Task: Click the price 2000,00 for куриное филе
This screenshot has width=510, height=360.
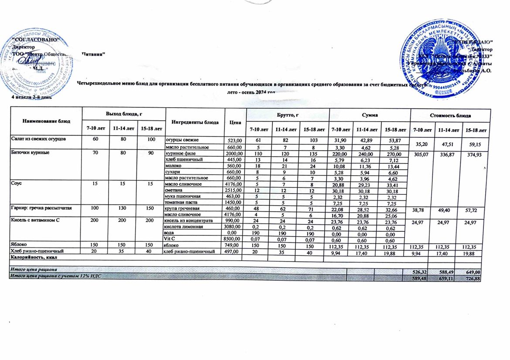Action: tap(231, 154)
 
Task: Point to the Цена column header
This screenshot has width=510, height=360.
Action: tap(235, 122)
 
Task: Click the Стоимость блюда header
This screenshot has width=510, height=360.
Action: tap(450, 115)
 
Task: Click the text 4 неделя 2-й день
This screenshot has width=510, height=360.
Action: tap(32, 97)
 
